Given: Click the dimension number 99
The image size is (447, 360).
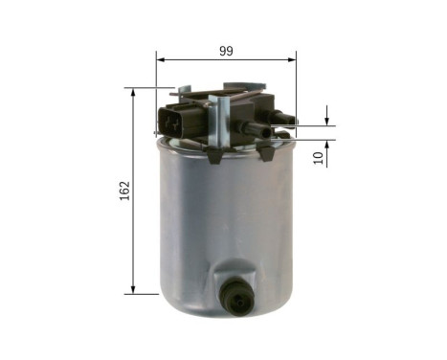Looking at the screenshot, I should pos(226,51).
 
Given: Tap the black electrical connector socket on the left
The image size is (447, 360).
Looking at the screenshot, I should pos(172,122).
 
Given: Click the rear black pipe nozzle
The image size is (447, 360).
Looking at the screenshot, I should pos(282,117).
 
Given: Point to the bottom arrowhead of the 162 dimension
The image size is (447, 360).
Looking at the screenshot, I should pos(133,289).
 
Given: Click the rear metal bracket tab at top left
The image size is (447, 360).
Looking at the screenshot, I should pos(180,92).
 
